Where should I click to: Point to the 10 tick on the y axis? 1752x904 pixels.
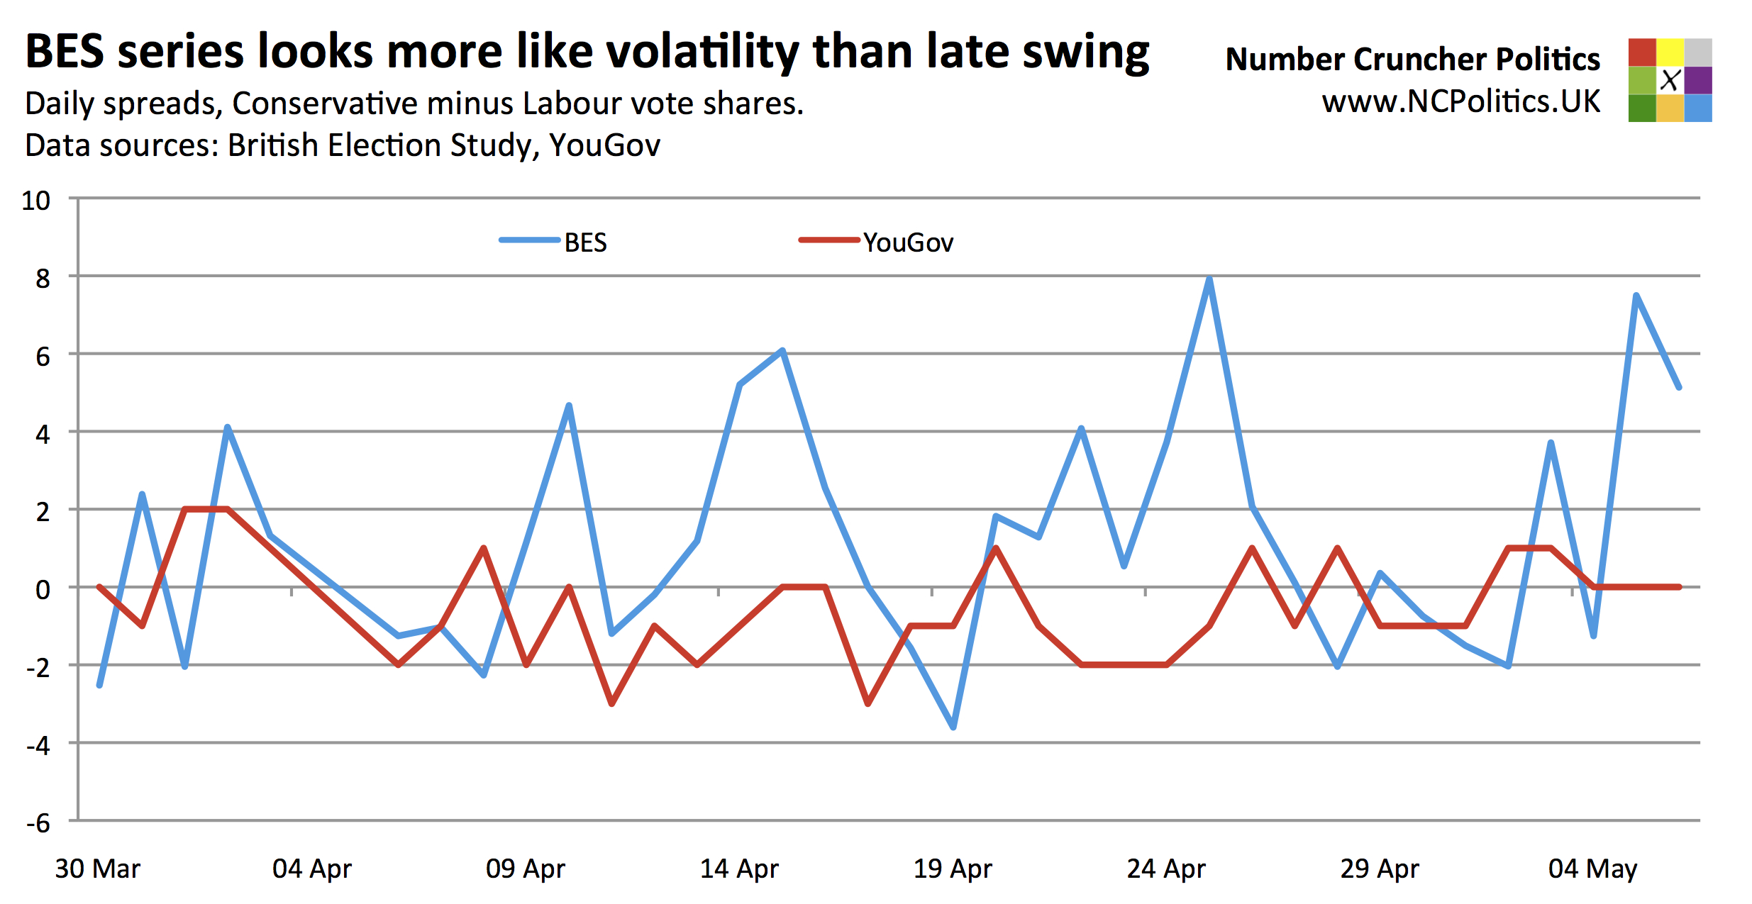(36, 201)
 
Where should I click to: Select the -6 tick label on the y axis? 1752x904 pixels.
(38, 823)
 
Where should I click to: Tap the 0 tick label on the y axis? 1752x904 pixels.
(43, 589)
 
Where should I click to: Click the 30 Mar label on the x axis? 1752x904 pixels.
(98, 869)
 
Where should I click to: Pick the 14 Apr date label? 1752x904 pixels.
(739, 869)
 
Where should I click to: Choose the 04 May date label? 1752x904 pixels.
(1592, 869)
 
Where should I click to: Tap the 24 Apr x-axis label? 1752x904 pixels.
(1166, 869)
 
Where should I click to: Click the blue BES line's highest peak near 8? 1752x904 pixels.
(1209, 278)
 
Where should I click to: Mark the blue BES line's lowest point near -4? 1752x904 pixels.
(953, 727)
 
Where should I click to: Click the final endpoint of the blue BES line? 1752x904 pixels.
(1679, 388)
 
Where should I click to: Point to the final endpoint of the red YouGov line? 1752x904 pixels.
(1679, 587)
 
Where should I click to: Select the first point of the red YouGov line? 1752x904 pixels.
(99, 587)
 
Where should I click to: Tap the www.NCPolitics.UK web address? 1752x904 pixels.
(1460, 102)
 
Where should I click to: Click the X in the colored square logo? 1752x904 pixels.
(1670, 80)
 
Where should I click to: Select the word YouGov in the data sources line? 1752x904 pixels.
(604, 145)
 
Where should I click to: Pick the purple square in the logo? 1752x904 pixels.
(1698, 80)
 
